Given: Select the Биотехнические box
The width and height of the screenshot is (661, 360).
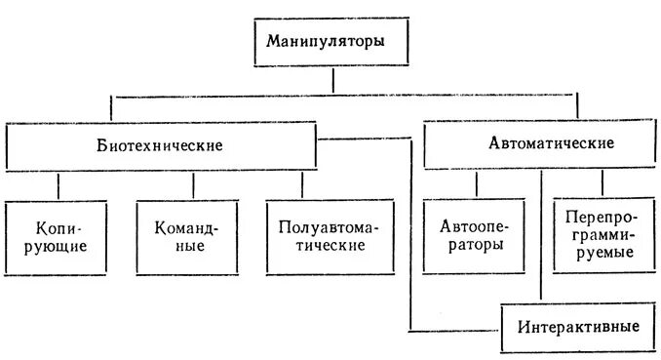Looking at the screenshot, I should pos(161,145).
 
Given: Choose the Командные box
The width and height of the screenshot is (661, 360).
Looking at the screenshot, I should pos(185,237).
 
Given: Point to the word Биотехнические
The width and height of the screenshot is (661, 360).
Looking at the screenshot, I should pos(161,146).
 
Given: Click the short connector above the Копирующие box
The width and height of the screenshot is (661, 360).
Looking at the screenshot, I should pos(59,185).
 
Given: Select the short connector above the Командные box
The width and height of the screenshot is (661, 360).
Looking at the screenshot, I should pos(192,185).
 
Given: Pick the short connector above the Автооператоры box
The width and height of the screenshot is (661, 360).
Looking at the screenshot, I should pos(476,183).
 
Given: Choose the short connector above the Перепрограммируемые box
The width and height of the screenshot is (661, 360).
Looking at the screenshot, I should pos(603,182).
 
